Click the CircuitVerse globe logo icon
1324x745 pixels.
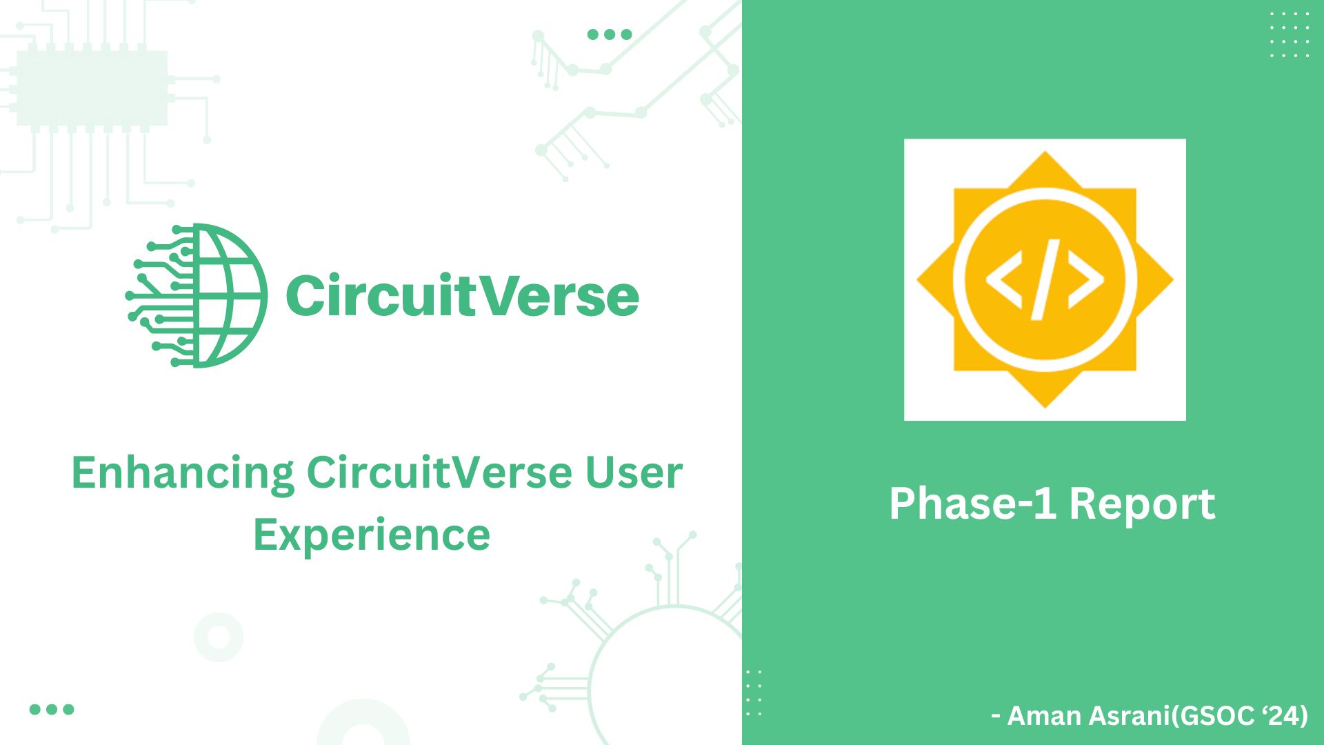(x=197, y=295)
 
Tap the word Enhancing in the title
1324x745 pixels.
(x=183, y=475)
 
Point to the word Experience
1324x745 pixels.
(x=372, y=536)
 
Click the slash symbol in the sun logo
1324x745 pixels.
(x=1045, y=279)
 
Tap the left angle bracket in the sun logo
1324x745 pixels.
(x=1004, y=279)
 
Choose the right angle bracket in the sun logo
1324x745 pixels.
(x=1086, y=279)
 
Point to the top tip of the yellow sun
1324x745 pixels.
(x=1045, y=151)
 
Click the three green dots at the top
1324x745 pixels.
(x=610, y=34)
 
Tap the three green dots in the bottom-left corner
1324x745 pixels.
(x=52, y=709)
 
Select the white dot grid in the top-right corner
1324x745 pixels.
(x=1290, y=34)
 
